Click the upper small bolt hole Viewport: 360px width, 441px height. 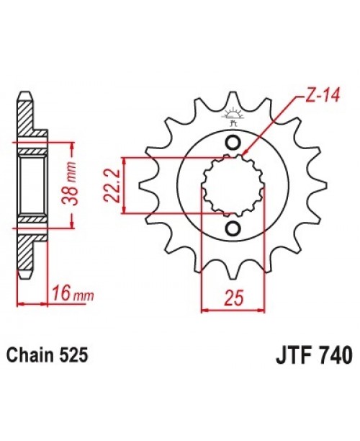pyautogui.click(x=233, y=141)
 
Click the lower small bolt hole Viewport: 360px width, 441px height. pyautogui.click(x=233, y=228)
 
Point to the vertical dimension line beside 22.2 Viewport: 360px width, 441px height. pyautogui.click(x=125, y=185)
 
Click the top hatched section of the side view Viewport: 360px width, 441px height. pyautogui.click(x=23, y=118)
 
